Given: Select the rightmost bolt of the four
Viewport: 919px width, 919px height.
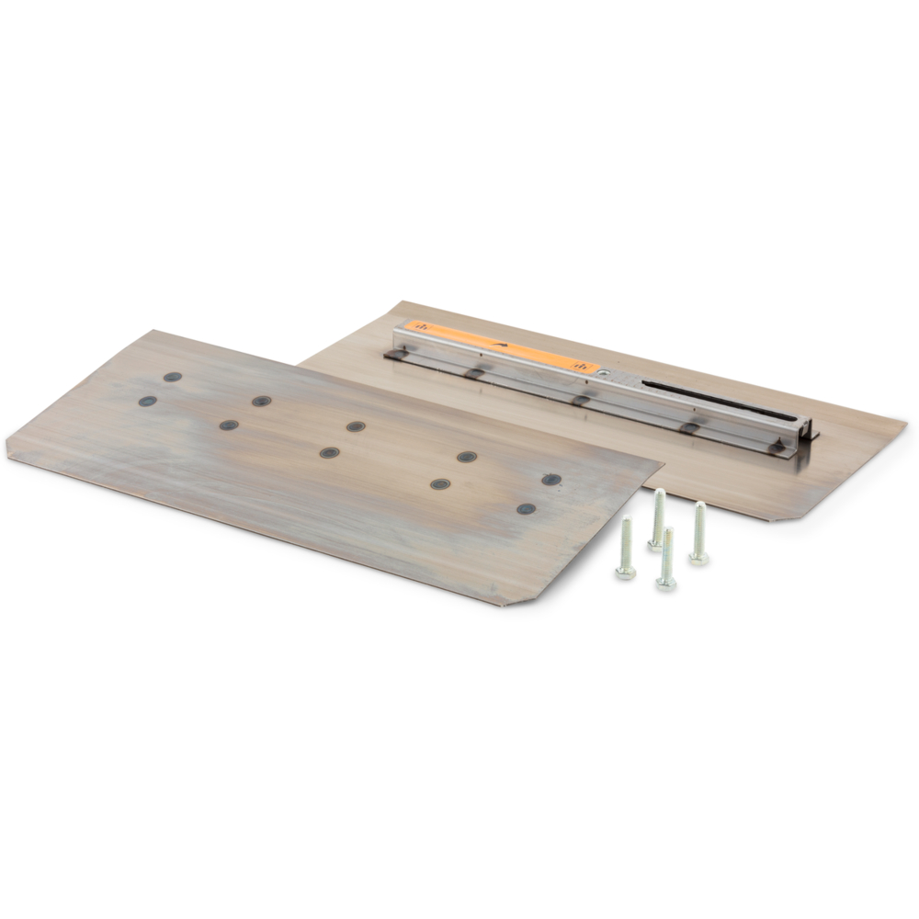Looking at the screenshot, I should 698,534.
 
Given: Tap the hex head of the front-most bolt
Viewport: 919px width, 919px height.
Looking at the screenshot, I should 666,582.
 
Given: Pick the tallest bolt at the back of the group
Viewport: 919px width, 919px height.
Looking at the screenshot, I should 658,518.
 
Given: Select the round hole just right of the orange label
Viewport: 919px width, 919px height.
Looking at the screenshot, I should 604,373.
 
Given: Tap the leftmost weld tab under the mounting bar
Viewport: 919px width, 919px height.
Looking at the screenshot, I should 397,353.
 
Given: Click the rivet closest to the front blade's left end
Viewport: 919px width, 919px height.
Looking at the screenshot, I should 147,401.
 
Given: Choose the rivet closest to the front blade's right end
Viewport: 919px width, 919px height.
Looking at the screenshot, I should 551,480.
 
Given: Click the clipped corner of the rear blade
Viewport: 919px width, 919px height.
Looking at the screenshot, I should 781,516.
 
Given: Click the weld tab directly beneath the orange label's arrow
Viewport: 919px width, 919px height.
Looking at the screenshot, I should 473,372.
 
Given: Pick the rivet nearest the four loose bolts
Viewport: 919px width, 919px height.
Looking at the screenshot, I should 527,508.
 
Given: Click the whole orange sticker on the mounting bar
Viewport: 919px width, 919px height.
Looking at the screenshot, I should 501,346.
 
